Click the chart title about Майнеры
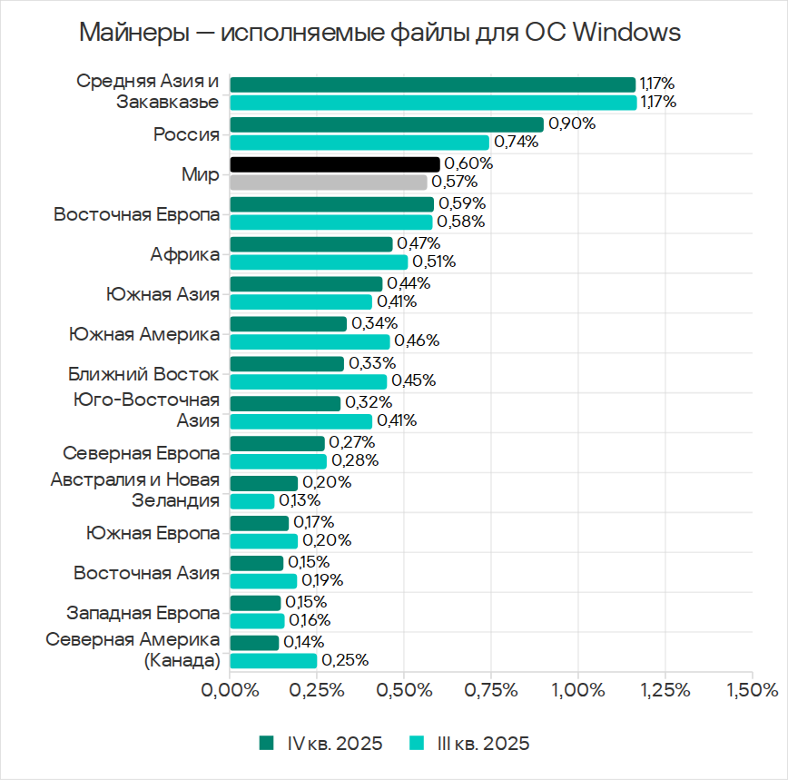[379, 34]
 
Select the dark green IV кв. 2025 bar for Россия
[387, 124]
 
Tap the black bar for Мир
[335, 164]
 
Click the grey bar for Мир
[329, 182]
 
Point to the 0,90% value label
[572, 124]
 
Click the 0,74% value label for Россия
[517, 142]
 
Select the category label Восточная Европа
[136, 215]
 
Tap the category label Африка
[185, 254]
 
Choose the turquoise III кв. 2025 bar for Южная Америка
[310, 341]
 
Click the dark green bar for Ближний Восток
[287, 363]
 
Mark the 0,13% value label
[300, 500]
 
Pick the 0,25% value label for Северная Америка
[345, 660]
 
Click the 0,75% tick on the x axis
[491, 689]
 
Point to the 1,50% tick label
[753, 689]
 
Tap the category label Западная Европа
[143, 612]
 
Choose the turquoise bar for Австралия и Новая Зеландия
[252, 501]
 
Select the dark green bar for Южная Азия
[306, 284]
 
